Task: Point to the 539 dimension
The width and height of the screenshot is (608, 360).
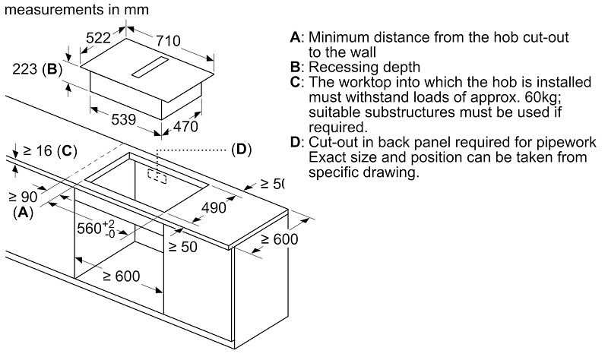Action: (x=122, y=119)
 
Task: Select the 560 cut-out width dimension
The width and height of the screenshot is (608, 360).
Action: (x=95, y=228)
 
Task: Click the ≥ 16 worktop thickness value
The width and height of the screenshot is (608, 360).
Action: (x=37, y=150)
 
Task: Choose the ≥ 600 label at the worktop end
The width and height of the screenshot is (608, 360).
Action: (x=277, y=238)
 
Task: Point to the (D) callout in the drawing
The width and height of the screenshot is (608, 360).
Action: (x=241, y=149)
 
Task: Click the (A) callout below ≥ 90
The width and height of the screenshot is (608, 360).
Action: (x=24, y=213)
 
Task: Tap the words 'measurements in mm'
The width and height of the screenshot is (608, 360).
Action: (x=75, y=10)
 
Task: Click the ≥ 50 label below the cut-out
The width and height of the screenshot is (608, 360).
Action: (x=183, y=247)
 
